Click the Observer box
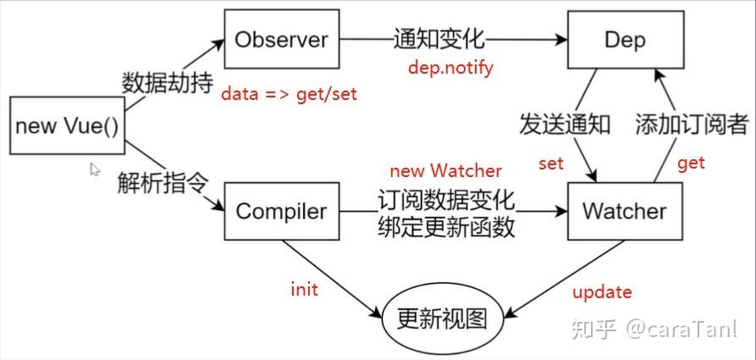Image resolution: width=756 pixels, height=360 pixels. click(281, 39)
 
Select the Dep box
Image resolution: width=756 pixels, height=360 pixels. click(624, 39)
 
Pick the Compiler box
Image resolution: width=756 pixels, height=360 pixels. click(281, 211)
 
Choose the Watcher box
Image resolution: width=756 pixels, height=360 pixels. click(624, 211)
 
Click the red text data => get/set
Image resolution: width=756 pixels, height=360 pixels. click(289, 94)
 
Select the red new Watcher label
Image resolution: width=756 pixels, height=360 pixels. click(445, 170)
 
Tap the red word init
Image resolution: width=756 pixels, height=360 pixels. click(303, 290)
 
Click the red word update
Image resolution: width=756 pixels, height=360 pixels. click(602, 292)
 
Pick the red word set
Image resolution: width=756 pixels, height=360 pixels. click(550, 163)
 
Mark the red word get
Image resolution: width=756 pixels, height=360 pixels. click(691, 163)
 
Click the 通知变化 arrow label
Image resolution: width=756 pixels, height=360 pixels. click(439, 39)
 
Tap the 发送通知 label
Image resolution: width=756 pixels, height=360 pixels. click(564, 125)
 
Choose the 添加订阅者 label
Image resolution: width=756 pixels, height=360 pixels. click(692, 125)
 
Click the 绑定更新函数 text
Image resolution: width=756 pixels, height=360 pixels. click(446, 228)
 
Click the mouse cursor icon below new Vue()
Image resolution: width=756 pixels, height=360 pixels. click(96, 169)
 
